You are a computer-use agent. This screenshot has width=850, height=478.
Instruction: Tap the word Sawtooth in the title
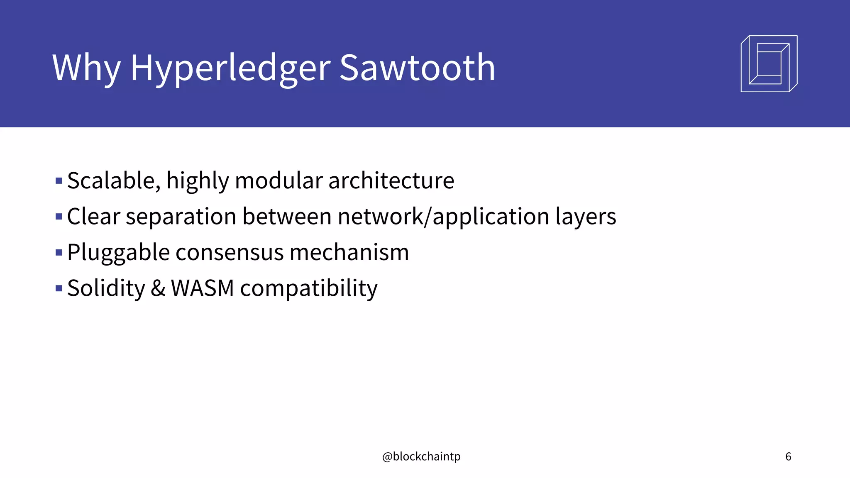click(418, 68)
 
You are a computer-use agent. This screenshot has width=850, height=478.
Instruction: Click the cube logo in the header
click(769, 63)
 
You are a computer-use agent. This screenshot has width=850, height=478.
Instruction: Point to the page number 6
click(788, 456)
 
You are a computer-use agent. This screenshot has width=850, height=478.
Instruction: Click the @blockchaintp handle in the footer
click(421, 456)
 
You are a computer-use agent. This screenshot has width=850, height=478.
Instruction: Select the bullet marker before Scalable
click(59, 181)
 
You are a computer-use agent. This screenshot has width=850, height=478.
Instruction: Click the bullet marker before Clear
click(59, 217)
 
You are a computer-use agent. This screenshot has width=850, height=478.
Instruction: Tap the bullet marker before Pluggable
click(59, 252)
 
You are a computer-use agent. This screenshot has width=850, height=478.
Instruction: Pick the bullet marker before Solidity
click(59, 288)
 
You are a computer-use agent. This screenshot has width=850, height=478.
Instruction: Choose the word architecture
click(391, 180)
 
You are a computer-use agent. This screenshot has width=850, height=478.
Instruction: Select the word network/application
click(444, 216)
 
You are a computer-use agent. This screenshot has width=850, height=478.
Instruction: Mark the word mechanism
click(349, 252)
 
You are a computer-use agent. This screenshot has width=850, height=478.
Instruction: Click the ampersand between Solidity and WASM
click(158, 288)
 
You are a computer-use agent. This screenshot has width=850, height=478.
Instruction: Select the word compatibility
click(309, 288)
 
